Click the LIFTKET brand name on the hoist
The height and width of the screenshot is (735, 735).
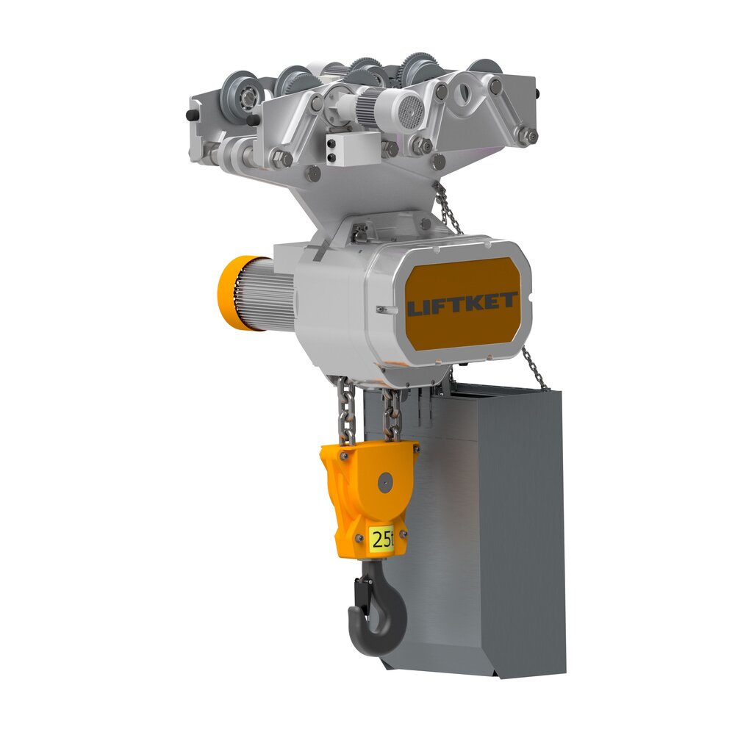462,304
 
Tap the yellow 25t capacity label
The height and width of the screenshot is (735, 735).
381,539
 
